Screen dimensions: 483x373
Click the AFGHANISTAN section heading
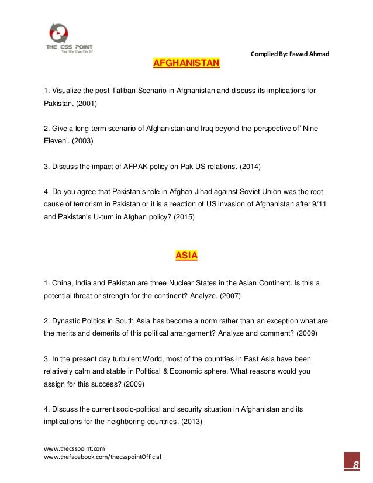(186, 63)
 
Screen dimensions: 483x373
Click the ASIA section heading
(186, 255)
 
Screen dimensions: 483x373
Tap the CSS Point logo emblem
(66, 32)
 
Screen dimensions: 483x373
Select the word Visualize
(70, 91)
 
